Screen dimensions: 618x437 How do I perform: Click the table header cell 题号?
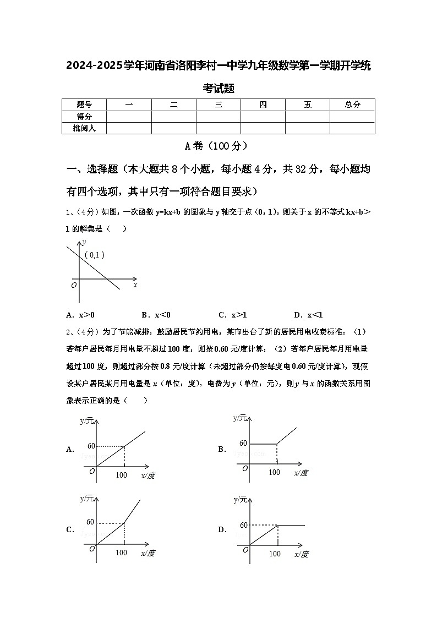84,105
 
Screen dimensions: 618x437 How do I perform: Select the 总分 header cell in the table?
352,105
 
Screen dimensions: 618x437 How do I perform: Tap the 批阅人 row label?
84,128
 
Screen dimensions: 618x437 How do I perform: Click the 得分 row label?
84,116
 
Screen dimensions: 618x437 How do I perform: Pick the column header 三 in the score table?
218,105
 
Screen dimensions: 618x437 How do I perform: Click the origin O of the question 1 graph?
74,285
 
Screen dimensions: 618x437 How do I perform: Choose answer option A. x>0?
80,315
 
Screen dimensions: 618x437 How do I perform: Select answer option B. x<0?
156,315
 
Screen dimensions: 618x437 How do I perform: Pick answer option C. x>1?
233,315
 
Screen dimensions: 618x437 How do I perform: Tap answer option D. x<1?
308,315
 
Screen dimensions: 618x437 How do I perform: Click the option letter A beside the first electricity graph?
70,449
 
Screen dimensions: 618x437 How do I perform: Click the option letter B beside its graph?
222,449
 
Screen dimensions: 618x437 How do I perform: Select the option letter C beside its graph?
70,529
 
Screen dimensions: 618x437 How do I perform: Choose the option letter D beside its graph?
222,529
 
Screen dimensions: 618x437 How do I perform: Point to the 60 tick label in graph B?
243,443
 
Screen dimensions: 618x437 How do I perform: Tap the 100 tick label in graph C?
122,553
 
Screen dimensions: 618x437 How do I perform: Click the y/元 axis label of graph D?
241,499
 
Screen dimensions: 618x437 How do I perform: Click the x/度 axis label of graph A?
148,475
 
